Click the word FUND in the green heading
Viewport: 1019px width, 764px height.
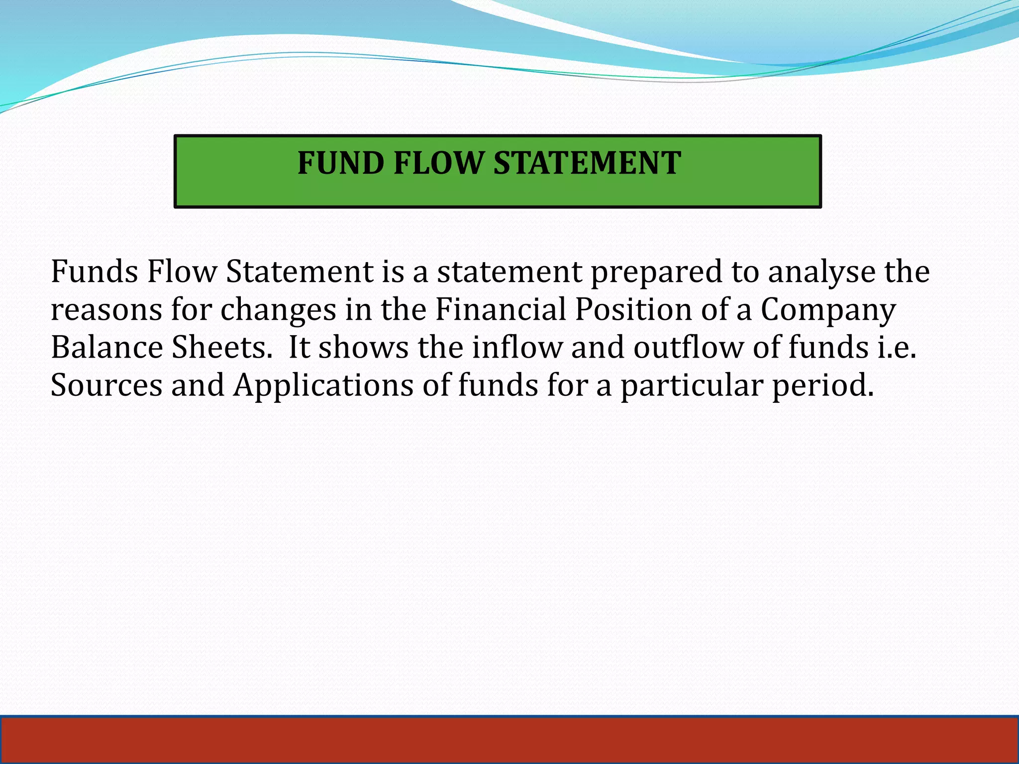pos(341,163)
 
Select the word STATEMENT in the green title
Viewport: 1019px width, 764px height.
pos(587,163)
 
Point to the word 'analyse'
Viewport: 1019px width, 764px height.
pos(821,273)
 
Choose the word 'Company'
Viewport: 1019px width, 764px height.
pos(828,310)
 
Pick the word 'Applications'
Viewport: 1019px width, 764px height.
pos(323,386)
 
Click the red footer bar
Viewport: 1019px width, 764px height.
pos(509,740)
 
